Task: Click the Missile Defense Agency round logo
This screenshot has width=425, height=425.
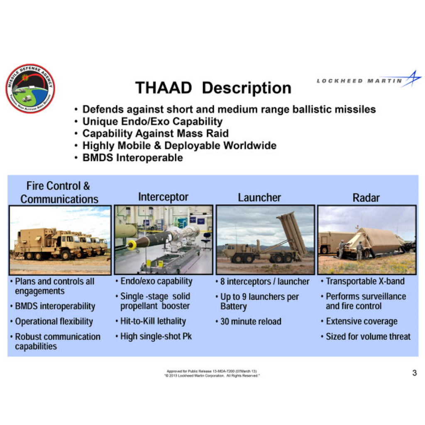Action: tap(30, 88)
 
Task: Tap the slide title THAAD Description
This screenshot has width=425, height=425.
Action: tap(213, 88)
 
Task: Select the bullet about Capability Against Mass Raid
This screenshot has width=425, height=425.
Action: tap(155, 134)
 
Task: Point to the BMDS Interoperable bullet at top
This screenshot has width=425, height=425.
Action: tap(132, 158)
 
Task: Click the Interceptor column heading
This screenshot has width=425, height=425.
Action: tap(163, 197)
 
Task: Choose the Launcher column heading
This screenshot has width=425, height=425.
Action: tap(259, 198)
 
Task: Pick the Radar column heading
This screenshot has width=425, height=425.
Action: tap(366, 198)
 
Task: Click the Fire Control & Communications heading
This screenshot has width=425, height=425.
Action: tap(59, 192)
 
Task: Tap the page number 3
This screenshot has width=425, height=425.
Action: tap(414, 373)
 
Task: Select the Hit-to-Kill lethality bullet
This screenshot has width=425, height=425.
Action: tap(153, 321)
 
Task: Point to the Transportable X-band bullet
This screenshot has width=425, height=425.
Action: tap(364, 281)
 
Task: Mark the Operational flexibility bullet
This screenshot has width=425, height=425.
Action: tap(54, 322)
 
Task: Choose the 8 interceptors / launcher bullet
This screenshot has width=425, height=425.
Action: tap(264, 282)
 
